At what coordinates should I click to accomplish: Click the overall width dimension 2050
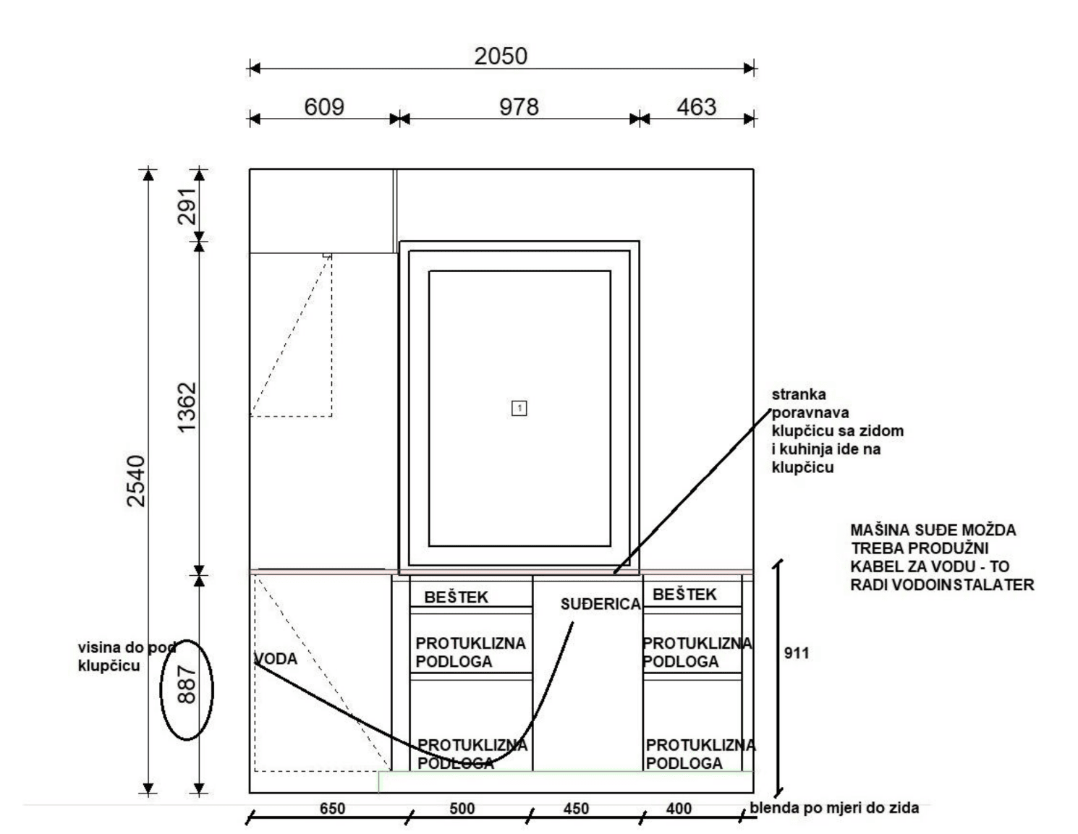(501, 56)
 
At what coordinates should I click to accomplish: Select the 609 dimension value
(324, 107)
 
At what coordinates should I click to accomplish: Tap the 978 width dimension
(519, 107)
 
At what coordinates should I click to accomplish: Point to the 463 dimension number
(697, 107)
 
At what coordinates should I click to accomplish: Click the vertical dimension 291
(187, 205)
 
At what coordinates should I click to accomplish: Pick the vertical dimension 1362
(187, 407)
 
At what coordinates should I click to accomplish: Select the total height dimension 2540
(137, 481)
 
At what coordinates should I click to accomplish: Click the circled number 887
(187, 685)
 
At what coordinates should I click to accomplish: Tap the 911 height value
(797, 653)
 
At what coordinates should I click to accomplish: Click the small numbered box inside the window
(519, 408)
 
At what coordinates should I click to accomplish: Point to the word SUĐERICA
(600, 604)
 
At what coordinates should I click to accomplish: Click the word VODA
(276, 658)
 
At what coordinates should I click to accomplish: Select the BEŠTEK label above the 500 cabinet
(457, 597)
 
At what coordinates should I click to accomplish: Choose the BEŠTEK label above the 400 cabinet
(684, 594)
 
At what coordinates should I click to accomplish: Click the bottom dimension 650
(332, 809)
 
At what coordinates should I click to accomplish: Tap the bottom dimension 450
(577, 809)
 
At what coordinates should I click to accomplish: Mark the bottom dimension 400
(679, 809)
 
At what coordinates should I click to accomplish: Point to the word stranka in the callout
(799, 394)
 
